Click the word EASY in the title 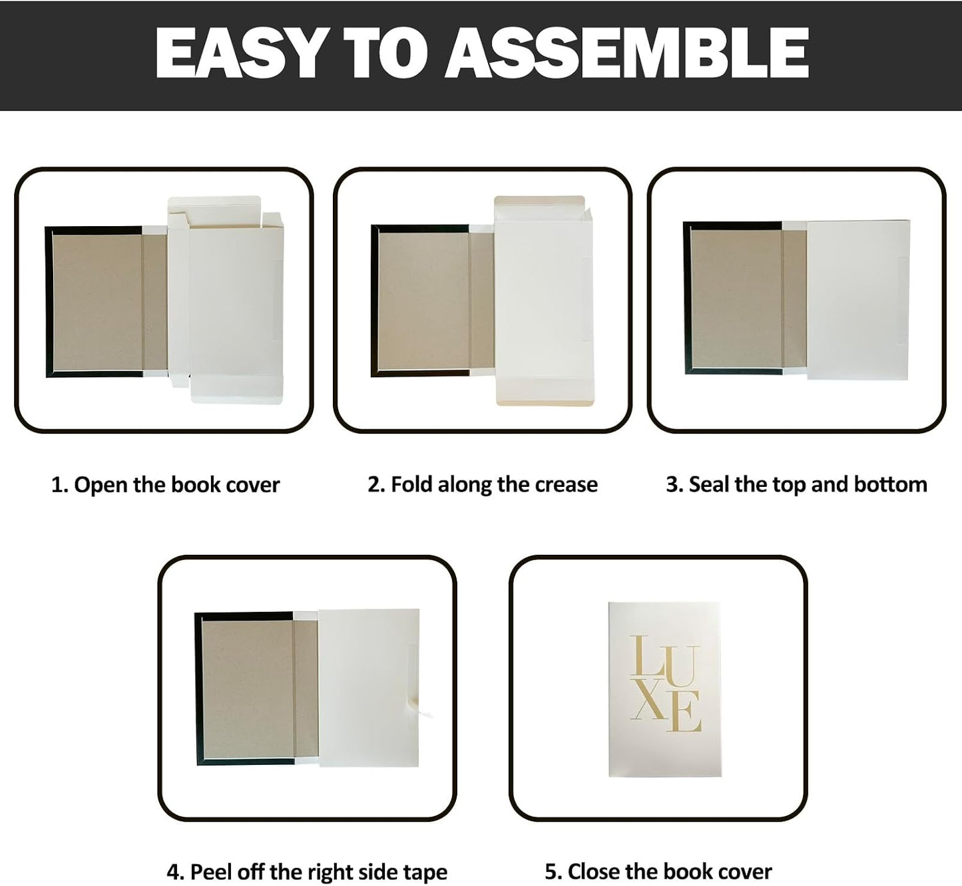(239, 53)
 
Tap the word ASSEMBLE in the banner (627, 53)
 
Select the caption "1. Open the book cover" (166, 485)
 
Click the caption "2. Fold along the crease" (483, 485)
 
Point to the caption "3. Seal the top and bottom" (796, 485)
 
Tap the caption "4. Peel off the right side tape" (307, 872)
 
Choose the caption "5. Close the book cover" (658, 872)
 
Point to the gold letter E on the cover (684, 712)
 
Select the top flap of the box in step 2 (539, 202)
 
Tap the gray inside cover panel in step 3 (736, 299)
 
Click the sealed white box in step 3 (858, 300)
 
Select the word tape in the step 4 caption (425, 873)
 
